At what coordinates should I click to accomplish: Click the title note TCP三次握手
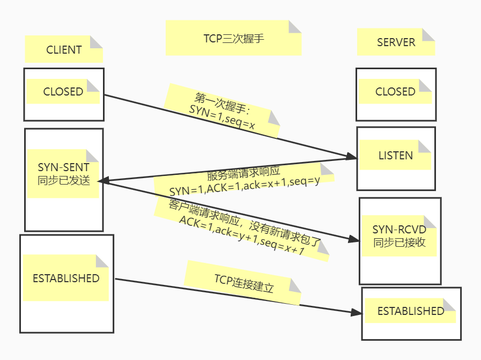pyautogui.click(x=233, y=39)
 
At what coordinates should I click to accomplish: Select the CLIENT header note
pyautogui.click(x=64, y=50)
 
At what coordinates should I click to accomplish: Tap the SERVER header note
pyautogui.click(x=396, y=42)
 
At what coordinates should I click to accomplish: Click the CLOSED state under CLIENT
pyautogui.click(x=63, y=92)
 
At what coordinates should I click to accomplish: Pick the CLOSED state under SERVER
pyautogui.click(x=395, y=92)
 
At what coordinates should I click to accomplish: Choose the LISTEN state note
pyautogui.click(x=395, y=156)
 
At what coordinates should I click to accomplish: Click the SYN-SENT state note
pyautogui.click(x=63, y=174)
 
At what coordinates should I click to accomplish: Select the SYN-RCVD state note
pyautogui.click(x=399, y=236)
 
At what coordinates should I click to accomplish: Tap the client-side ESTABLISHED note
pyautogui.click(x=66, y=278)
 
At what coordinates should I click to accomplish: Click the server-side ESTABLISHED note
pyautogui.click(x=411, y=311)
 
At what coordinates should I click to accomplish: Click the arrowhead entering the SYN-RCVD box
pyautogui.click(x=353, y=240)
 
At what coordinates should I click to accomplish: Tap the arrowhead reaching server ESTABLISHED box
pyautogui.click(x=357, y=312)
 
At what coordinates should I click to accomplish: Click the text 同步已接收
pyautogui.click(x=399, y=242)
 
